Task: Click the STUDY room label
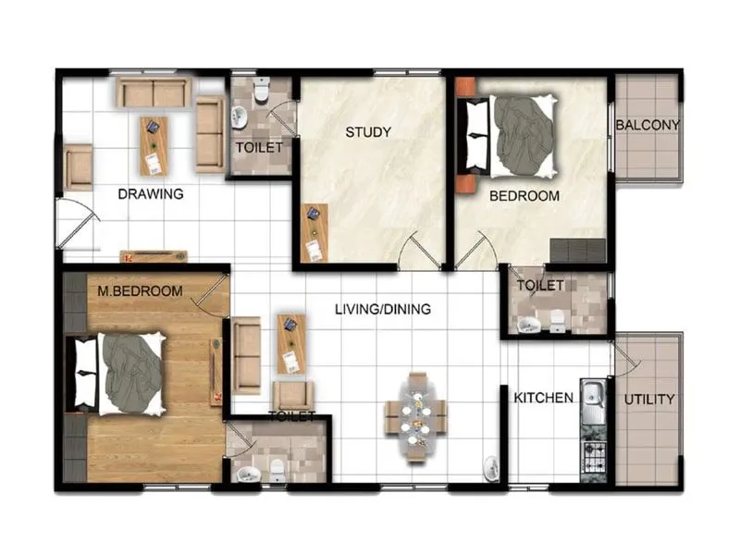368,132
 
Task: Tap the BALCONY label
647,125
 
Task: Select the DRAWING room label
150,194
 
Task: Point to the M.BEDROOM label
141,291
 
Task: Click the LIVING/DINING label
382,309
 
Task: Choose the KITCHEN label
544,398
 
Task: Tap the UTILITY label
648,400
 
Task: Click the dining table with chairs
416,416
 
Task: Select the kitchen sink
592,399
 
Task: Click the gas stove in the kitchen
592,455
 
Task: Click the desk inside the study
314,231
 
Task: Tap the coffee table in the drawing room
153,145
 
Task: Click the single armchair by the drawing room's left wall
79,166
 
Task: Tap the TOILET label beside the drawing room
259,147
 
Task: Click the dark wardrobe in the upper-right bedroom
577,250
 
